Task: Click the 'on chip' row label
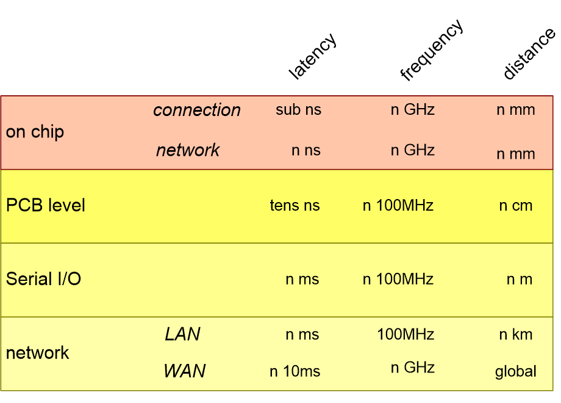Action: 35,132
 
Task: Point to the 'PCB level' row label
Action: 46,205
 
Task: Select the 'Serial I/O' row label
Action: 43,279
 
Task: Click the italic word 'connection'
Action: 197,110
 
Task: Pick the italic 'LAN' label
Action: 182,334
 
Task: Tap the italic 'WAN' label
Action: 184,371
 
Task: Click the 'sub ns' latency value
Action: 298,110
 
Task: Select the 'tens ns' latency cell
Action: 295,206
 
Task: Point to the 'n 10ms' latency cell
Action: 295,371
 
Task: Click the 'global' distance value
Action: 515,371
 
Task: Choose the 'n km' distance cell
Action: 515,335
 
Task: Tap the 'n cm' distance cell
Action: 515,206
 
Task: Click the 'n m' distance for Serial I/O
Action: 519,280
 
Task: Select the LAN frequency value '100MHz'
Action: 406,335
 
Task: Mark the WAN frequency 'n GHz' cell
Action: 412,368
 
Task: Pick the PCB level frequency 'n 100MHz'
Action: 398,206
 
